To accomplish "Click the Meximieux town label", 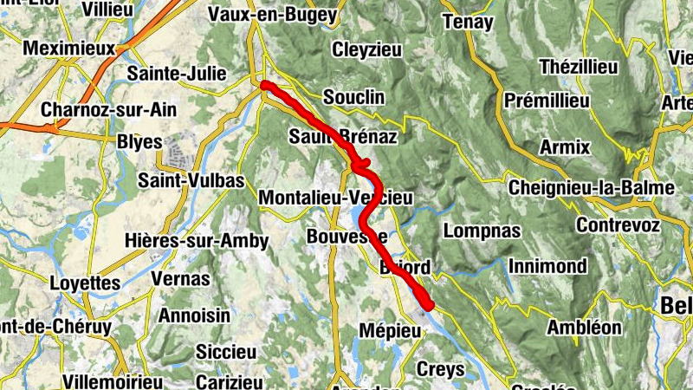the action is point(68,49).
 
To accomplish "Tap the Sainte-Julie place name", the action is point(176,74).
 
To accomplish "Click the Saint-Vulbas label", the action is point(191,180).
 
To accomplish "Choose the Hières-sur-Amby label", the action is point(197,240).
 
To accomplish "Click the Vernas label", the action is point(180,278).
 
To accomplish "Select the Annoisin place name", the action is point(194,315).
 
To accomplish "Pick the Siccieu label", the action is point(226,352).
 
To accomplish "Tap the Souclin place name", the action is point(353,97).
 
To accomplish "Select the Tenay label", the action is point(468,22).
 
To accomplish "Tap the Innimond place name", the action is point(547,266).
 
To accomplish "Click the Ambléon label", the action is point(585,328).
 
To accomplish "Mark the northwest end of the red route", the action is point(264,84).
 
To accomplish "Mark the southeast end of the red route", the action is point(427,305).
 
